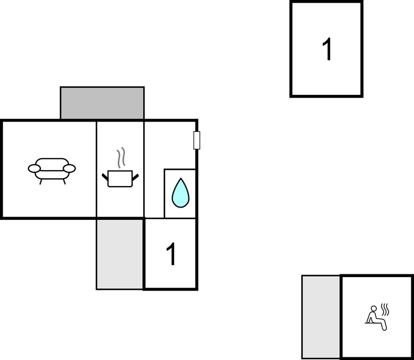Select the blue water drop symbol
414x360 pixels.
click(x=181, y=193)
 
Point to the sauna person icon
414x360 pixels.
click(x=377, y=317)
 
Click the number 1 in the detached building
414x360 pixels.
click(x=327, y=49)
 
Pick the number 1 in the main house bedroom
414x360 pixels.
click(x=171, y=254)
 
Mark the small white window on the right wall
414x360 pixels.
click(x=197, y=140)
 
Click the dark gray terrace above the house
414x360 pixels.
click(x=102, y=103)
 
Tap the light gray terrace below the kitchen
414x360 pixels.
click(x=120, y=254)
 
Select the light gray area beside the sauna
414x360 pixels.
click(x=321, y=317)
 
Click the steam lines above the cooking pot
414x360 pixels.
click(x=121, y=158)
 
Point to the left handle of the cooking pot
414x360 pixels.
click(x=105, y=177)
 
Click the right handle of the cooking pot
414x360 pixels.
click(x=135, y=177)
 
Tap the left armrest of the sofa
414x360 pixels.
click(x=34, y=168)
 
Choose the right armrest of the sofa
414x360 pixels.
click(x=70, y=168)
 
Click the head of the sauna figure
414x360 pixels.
click(x=374, y=309)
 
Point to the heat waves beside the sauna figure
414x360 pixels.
click(x=385, y=310)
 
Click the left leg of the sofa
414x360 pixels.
click(x=41, y=182)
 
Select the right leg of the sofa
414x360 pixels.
click(x=64, y=182)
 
